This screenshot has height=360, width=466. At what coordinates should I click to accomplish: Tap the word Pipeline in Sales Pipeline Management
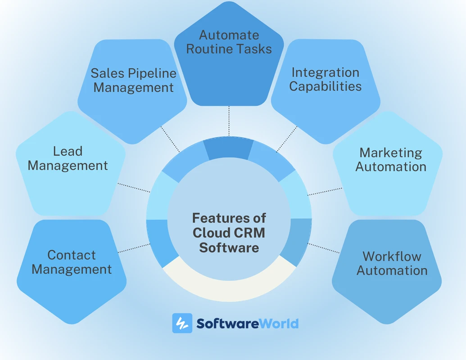[x=153, y=73]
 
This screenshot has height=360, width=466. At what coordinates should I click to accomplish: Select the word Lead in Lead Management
[x=68, y=151]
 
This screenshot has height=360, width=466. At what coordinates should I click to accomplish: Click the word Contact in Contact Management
[x=72, y=255]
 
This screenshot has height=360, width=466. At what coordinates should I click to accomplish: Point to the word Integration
[x=325, y=72]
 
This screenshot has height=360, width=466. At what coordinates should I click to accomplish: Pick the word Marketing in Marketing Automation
[x=391, y=153]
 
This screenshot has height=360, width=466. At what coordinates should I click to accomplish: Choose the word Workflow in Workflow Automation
[x=392, y=256]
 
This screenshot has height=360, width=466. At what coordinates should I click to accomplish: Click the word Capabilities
[x=325, y=86]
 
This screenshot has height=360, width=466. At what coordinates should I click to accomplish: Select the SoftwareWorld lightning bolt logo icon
[x=182, y=323]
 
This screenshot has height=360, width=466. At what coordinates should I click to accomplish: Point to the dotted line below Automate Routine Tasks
[x=229, y=121]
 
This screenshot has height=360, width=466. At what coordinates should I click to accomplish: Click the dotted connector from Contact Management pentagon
[x=133, y=248]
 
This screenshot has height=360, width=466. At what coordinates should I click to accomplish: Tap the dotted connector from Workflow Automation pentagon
[x=324, y=248]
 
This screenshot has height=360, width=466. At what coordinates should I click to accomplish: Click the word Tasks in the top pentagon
[x=255, y=49]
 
